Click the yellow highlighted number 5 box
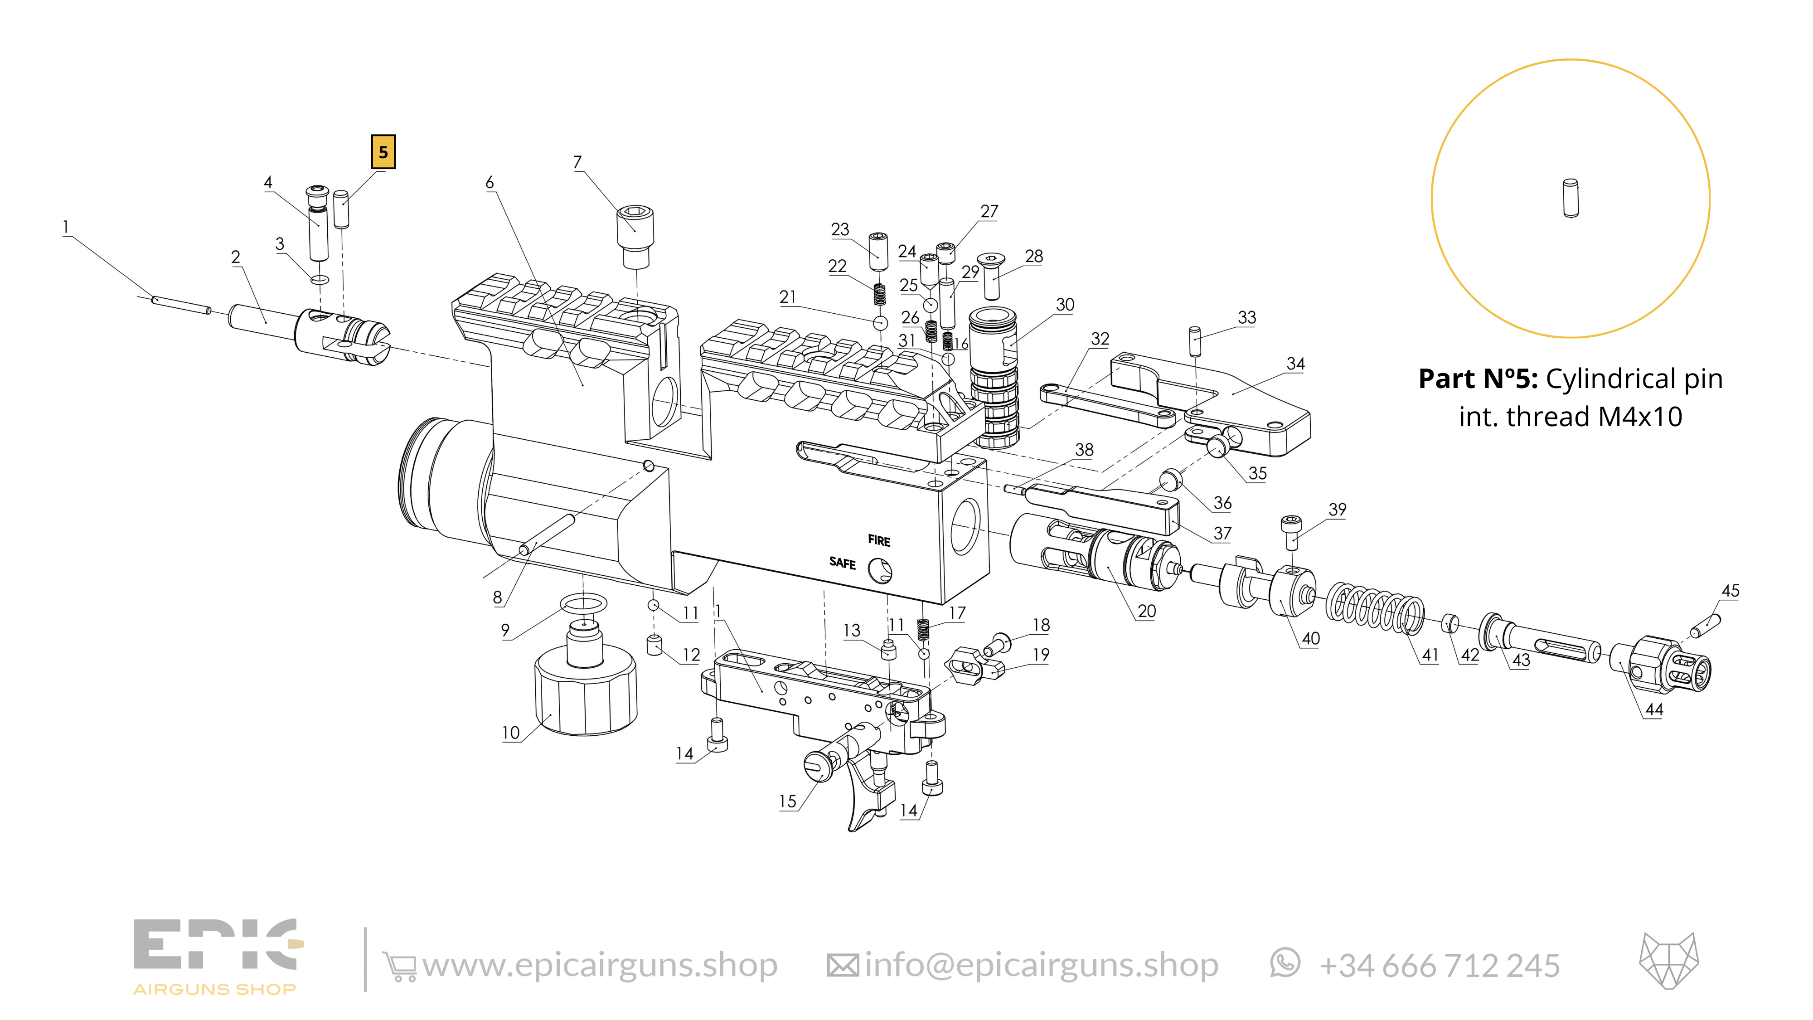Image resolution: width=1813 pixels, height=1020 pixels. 383,152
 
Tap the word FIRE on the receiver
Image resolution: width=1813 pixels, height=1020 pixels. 879,541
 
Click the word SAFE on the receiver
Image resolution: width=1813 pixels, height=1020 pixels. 843,563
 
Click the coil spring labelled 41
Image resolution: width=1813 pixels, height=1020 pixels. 1375,607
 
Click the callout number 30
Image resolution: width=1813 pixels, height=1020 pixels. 1065,305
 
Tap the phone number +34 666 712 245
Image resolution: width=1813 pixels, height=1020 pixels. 1439,966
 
